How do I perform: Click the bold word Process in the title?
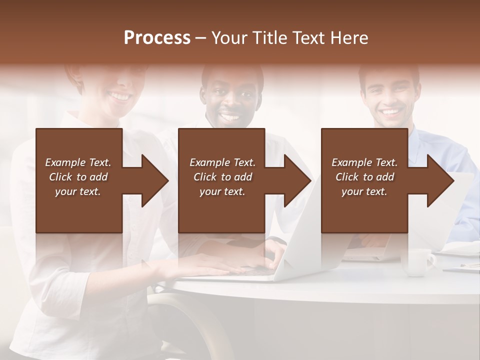[x=157, y=38]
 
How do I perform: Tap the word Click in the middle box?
[x=205, y=177]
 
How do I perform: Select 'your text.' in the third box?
[x=364, y=191]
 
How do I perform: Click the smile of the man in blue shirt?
[x=391, y=111]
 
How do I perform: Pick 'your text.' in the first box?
[x=77, y=191]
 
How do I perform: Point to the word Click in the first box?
[x=60, y=177]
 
